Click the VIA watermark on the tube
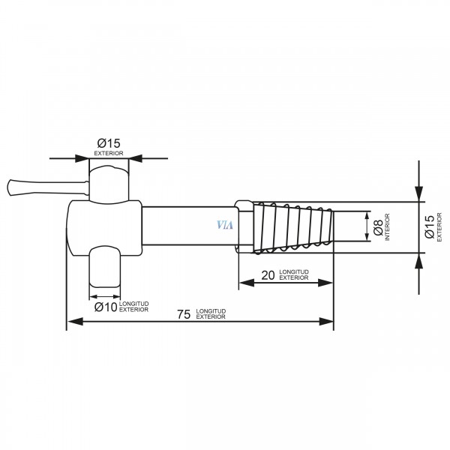coord(225,225)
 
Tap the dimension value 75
coord(184,314)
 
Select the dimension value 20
coord(268,275)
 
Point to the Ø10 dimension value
coord(106,307)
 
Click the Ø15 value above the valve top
coord(109,143)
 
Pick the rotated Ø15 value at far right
coord(429,226)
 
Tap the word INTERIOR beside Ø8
coord(387,227)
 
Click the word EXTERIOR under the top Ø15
coord(109,153)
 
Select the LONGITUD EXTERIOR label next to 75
coord(211,314)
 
